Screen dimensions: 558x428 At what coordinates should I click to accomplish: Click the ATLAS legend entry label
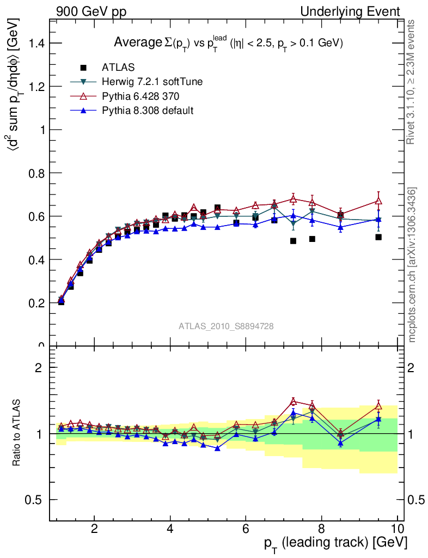[x=119, y=68]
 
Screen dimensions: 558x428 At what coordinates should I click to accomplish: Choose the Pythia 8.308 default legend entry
[x=148, y=111]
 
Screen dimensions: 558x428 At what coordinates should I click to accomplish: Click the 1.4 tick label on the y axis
[x=35, y=43]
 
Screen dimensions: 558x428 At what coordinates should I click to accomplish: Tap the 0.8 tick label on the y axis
[x=35, y=173]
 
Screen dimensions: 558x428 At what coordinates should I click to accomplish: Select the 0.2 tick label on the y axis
[x=35, y=303]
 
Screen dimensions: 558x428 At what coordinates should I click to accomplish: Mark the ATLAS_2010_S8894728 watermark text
[x=226, y=326]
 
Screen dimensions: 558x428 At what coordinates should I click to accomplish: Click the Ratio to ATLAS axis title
[x=17, y=434]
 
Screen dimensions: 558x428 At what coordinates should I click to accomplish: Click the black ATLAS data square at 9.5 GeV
[x=378, y=237]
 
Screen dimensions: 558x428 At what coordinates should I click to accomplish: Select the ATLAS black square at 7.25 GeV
[x=293, y=241]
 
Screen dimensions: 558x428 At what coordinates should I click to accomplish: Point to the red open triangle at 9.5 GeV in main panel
[x=378, y=201]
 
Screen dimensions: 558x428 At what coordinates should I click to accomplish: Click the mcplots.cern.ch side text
[x=413, y=265]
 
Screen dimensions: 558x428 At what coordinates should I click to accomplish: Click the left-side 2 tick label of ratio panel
[x=39, y=368]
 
